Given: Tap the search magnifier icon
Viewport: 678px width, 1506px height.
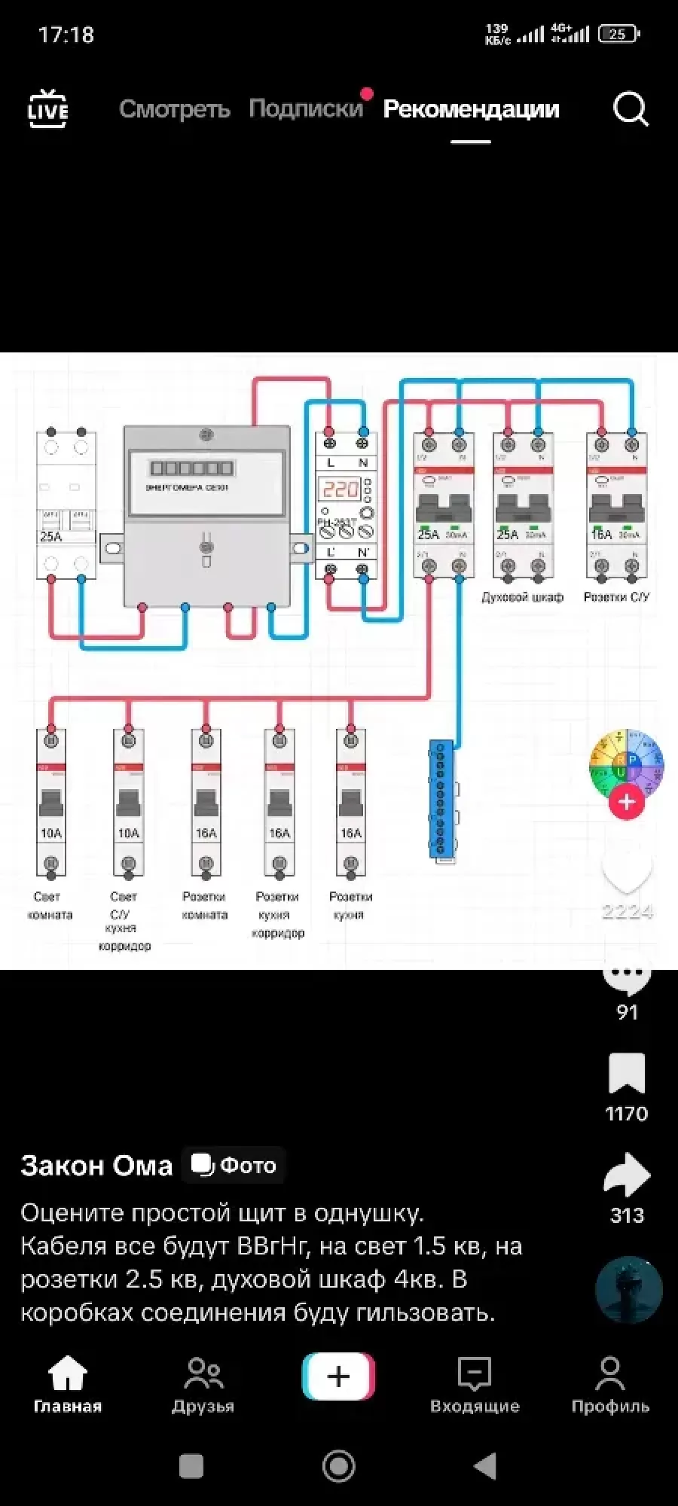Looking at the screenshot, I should [630, 110].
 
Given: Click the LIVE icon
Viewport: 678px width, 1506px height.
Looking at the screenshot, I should [47, 109].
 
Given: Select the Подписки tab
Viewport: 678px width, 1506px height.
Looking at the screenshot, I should [306, 109].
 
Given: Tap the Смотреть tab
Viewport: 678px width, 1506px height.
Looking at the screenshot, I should [174, 109].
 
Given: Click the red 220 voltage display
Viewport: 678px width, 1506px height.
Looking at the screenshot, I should [341, 489].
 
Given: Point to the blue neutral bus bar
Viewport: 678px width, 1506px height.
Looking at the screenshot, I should [441, 798].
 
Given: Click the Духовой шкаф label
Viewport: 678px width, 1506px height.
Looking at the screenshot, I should [522, 597].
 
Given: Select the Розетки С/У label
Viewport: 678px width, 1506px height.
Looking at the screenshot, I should [616, 597].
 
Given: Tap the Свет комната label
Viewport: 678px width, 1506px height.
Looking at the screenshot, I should [50, 906].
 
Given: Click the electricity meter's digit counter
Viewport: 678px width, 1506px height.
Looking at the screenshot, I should [191, 468].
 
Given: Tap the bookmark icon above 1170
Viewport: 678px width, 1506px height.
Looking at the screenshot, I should [627, 1073].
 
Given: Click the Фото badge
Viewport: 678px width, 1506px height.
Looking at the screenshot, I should [234, 1165].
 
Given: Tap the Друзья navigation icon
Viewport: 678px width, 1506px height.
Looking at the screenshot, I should [203, 1374].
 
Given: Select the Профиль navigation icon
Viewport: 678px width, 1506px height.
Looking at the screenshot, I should [610, 1374].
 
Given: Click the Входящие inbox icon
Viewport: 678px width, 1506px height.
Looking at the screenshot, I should [475, 1374].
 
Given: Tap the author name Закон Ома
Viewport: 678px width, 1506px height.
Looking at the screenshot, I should [96, 1166].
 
